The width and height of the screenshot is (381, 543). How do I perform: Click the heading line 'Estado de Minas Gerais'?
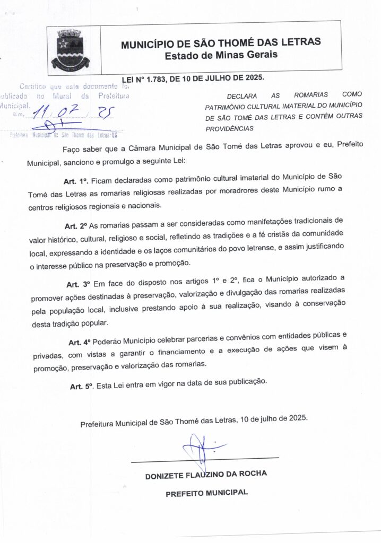[x=221, y=55]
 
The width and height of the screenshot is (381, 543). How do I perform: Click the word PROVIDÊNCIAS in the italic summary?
[x=229, y=128]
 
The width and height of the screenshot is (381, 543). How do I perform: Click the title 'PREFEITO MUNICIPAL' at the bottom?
[x=206, y=493]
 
